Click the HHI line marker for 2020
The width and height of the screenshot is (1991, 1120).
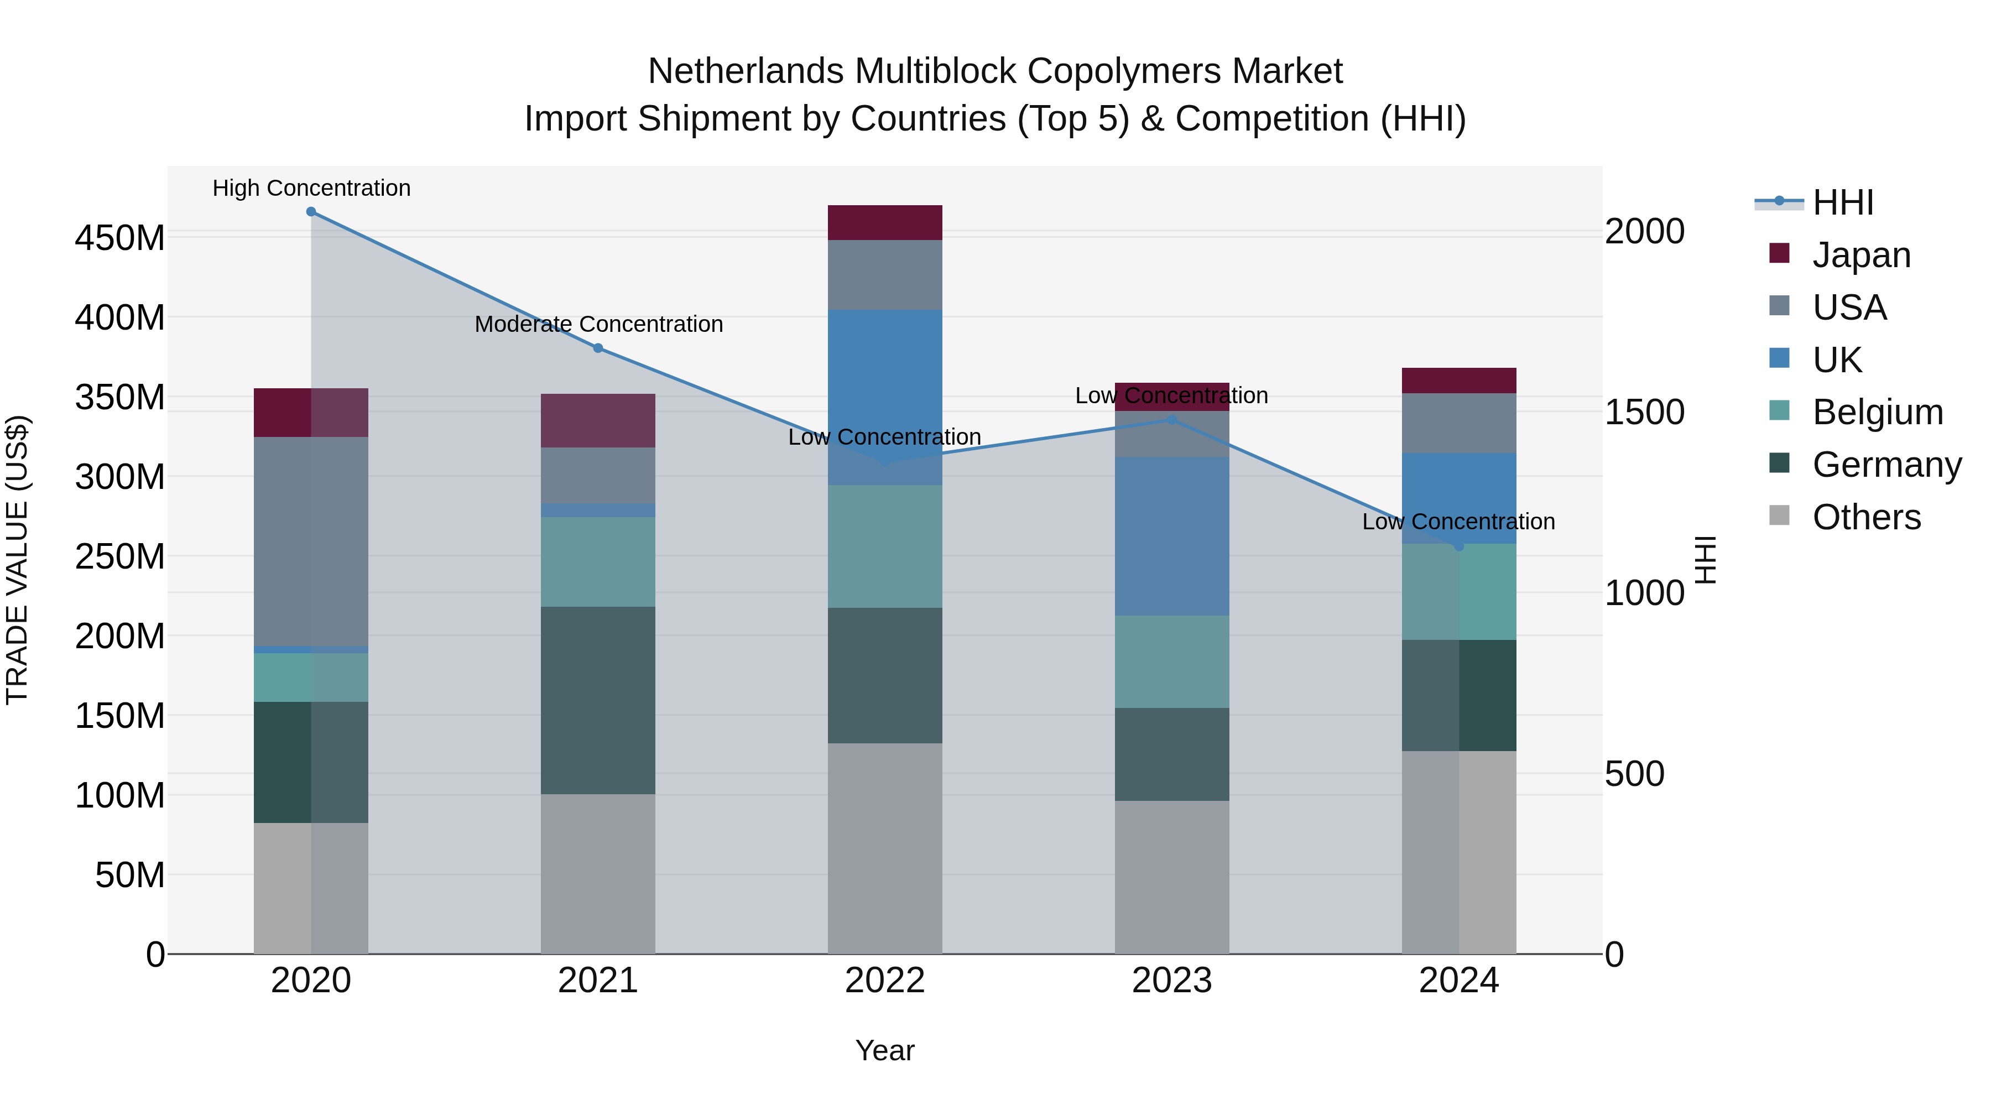click(x=311, y=212)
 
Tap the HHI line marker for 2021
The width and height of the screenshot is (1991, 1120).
click(x=597, y=348)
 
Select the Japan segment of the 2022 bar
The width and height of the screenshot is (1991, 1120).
click(x=885, y=222)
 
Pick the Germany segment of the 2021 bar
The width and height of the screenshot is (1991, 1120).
click(x=597, y=700)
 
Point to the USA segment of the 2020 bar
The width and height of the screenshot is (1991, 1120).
click(x=311, y=541)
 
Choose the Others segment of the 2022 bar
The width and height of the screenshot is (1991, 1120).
click(x=885, y=848)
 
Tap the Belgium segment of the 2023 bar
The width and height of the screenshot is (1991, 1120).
click(x=1172, y=661)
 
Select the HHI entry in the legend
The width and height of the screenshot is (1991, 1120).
click(x=1843, y=202)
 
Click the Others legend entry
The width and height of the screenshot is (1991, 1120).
click(x=1866, y=517)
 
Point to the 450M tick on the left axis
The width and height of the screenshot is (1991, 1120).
click(x=120, y=237)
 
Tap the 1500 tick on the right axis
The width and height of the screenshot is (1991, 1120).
click(x=1644, y=412)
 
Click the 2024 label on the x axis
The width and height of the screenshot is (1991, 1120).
click(x=1458, y=981)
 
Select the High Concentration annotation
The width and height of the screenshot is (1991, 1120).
click(x=311, y=188)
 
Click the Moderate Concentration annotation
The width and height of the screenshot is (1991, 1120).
click(x=599, y=324)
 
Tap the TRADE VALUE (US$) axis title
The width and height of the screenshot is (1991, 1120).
click(x=17, y=560)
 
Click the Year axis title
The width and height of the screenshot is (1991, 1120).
click(x=885, y=1050)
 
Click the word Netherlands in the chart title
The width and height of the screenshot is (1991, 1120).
click(x=746, y=71)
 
